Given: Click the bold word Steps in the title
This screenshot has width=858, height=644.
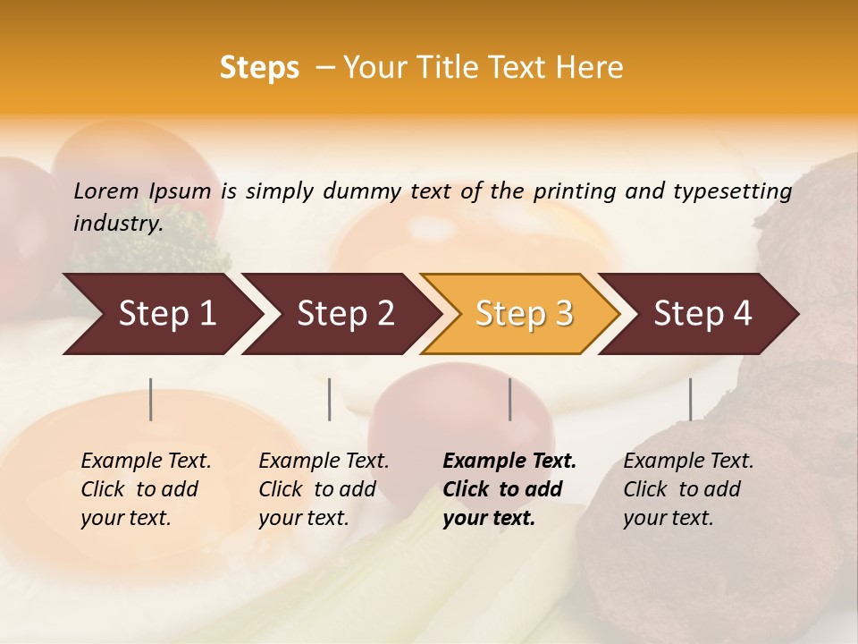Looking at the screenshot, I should click(x=259, y=68).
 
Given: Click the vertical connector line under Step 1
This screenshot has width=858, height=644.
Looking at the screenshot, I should click(x=151, y=399).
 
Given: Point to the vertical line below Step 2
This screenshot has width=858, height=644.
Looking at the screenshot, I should click(x=330, y=399).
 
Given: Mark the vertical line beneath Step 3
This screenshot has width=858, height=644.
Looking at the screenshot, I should click(x=509, y=399).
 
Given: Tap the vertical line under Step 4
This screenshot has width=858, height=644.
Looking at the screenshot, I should click(x=690, y=399).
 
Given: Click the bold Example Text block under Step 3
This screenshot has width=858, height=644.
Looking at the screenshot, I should click(x=509, y=489).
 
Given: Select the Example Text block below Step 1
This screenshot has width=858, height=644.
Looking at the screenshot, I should click(x=146, y=489).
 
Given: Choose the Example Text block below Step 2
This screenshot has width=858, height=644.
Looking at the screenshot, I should click(x=324, y=489).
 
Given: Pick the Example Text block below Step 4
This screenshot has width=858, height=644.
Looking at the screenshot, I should click(x=688, y=489).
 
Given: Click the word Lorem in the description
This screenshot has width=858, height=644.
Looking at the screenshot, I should click(x=106, y=191).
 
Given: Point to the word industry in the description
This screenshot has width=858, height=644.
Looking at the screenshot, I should click(x=118, y=223).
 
